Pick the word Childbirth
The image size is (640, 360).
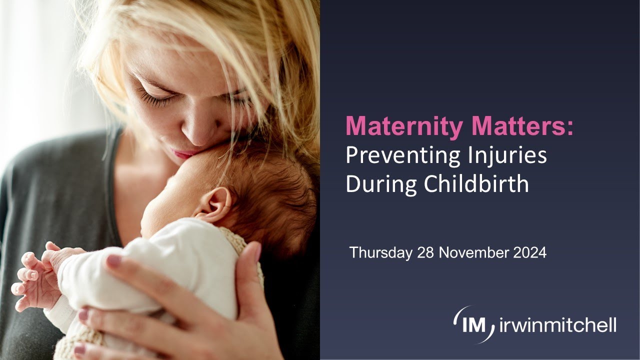[x=475, y=184]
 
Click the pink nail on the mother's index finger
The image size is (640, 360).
[x=114, y=260]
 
